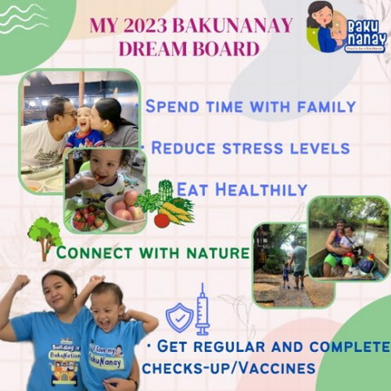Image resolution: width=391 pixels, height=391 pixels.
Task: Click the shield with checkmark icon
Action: tap(178, 318)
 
